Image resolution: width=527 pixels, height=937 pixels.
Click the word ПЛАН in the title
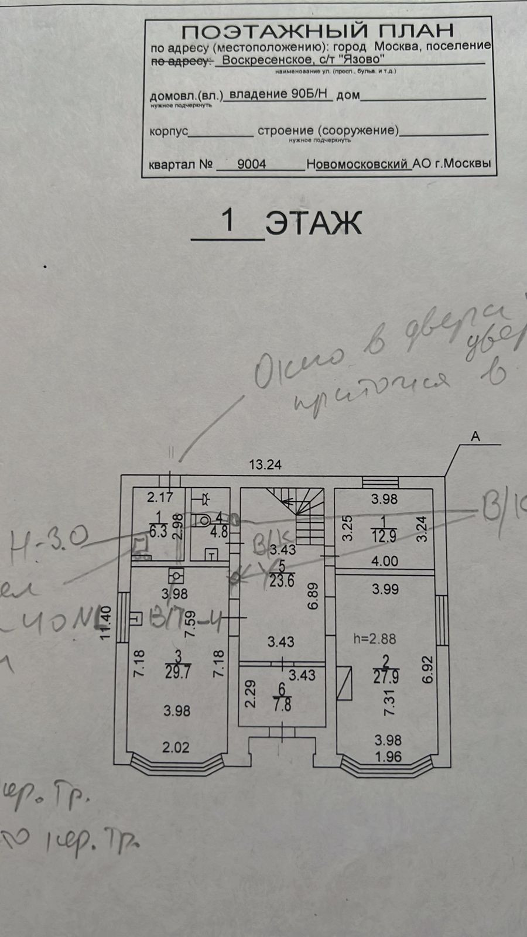[409, 30]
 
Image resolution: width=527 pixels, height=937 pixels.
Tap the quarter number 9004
[252, 164]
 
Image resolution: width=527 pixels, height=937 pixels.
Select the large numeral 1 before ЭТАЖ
[228, 221]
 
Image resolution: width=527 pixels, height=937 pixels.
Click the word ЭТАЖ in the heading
[313, 223]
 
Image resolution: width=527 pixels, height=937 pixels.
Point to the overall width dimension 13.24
[265, 465]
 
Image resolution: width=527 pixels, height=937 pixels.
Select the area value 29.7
[177, 672]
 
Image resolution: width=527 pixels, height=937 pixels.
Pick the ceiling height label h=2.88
[374, 639]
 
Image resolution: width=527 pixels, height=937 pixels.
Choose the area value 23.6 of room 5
[282, 582]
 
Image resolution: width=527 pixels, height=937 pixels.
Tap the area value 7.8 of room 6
[282, 705]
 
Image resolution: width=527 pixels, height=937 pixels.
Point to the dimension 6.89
[313, 596]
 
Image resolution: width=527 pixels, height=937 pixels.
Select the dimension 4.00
[385, 561]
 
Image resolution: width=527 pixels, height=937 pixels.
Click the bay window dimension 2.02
[176, 747]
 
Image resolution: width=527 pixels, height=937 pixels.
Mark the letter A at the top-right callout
[475, 436]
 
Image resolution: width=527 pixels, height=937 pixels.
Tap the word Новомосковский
[358, 165]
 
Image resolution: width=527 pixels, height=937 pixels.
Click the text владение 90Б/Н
[279, 94]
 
